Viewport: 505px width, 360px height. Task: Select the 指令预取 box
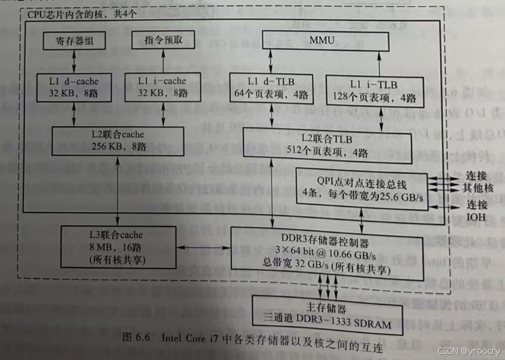tap(164, 40)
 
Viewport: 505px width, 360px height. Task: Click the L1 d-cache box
tap(72, 87)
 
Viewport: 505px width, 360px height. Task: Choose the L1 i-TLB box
tap(375, 91)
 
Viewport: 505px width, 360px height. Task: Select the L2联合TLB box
tap(328, 145)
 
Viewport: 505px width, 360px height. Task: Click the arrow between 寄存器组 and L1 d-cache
tap(72, 59)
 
